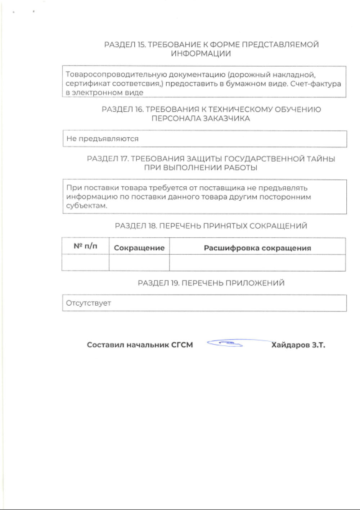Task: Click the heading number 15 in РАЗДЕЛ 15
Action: click(141, 45)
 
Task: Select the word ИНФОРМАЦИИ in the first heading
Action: click(201, 54)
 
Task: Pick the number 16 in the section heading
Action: click(139, 110)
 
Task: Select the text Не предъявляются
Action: click(102, 139)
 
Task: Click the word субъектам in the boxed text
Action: click(86, 206)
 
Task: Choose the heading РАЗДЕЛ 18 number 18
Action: click(153, 226)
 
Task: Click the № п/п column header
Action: click(85, 246)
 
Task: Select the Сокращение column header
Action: click(139, 248)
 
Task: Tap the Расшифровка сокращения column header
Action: click(257, 248)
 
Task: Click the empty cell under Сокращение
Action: click(139, 263)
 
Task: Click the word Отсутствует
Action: click(89, 303)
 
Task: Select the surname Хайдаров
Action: click(291, 345)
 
